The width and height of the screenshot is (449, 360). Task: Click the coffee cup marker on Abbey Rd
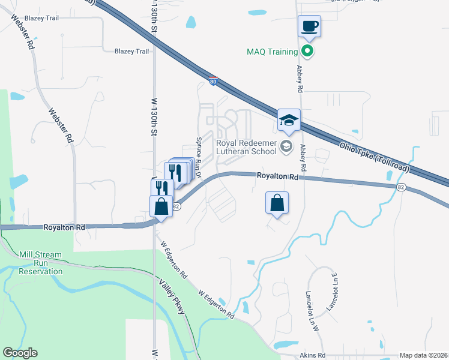tap(309, 26)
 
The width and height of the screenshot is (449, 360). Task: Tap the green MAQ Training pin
tap(308, 51)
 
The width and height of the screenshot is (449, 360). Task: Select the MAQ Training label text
tap(272, 52)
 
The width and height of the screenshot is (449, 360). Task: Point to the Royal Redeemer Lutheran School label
tap(247, 147)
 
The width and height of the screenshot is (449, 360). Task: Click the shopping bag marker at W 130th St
tap(161, 206)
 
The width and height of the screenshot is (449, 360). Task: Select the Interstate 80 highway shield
tap(213, 80)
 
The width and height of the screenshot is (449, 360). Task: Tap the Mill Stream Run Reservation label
tap(41, 263)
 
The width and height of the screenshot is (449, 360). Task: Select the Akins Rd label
tap(313, 355)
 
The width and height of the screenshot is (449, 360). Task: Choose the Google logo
tap(20, 353)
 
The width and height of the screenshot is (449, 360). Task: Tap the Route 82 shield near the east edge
tap(400, 187)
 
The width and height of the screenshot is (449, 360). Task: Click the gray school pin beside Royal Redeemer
tap(287, 146)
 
